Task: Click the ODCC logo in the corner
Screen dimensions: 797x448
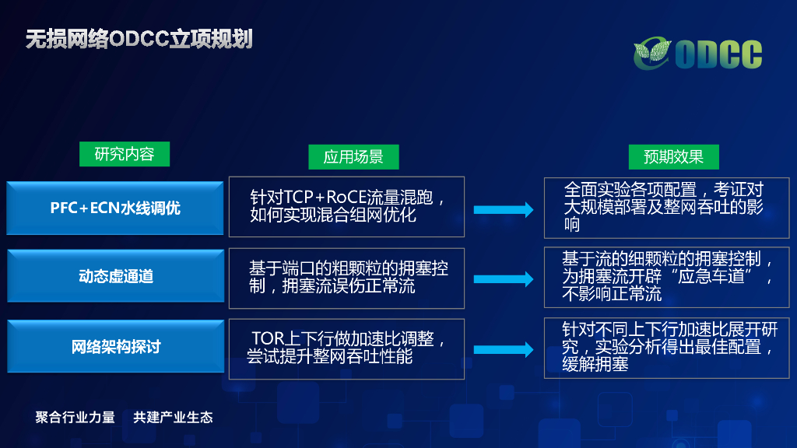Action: click(697, 53)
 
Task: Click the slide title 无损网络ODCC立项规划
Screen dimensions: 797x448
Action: click(139, 39)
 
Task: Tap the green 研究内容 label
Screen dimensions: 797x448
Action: click(125, 154)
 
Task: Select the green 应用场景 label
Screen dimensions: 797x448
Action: click(353, 157)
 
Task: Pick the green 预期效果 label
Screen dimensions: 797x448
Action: click(673, 157)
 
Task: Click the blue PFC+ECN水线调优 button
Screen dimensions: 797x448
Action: click(115, 208)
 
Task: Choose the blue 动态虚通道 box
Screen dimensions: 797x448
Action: click(115, 276)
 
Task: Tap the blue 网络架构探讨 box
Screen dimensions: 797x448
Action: click(115, 346)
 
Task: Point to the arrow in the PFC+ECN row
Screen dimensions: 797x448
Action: click(504, 209)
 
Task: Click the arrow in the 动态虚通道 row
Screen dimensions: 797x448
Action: click(504, 278)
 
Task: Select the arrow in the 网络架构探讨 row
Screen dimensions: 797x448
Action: click(504, 349)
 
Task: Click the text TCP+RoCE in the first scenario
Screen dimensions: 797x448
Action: click(319, 197)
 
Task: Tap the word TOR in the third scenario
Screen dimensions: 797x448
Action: click(265, 339)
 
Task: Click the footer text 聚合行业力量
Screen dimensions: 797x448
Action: click(75, 417)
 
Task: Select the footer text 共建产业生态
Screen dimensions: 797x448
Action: click(173, 417)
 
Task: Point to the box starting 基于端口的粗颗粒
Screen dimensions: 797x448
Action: click(346, 278)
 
